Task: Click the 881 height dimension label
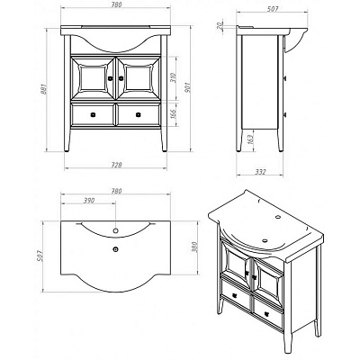point(44,88)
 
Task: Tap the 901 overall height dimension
point(188,87)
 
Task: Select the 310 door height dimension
point(174,77)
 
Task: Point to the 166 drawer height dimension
point(174,113)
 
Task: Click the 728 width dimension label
point(115,165)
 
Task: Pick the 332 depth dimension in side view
point(260,172)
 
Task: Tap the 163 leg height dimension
point(251,139)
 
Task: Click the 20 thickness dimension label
point(220,25)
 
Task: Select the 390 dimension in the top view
point(89,200)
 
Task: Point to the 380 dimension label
point(195,247)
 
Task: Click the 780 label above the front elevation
point(116,5)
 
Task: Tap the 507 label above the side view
point(273,9)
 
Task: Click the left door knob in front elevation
point(111,78)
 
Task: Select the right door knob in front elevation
point(121,78)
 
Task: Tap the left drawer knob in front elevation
point(93,114)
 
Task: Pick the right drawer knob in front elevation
point(139,114)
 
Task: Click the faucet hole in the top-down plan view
point(115,230)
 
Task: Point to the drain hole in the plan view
point(115,248)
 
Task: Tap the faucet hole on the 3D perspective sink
point(278,216)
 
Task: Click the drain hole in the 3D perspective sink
point(265,240)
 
